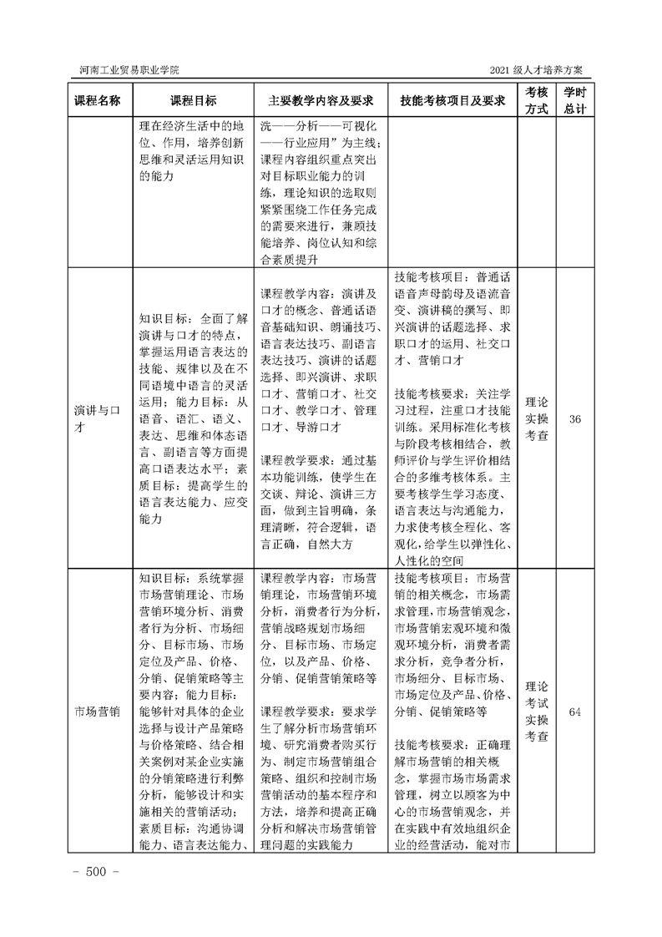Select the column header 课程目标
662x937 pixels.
pos(194,99)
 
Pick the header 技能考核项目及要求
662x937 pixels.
pos(453,99)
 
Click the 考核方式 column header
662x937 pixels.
pos(537,99)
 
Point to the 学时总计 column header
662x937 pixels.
pos(574,99)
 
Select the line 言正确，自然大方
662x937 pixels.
pos(308,544)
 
